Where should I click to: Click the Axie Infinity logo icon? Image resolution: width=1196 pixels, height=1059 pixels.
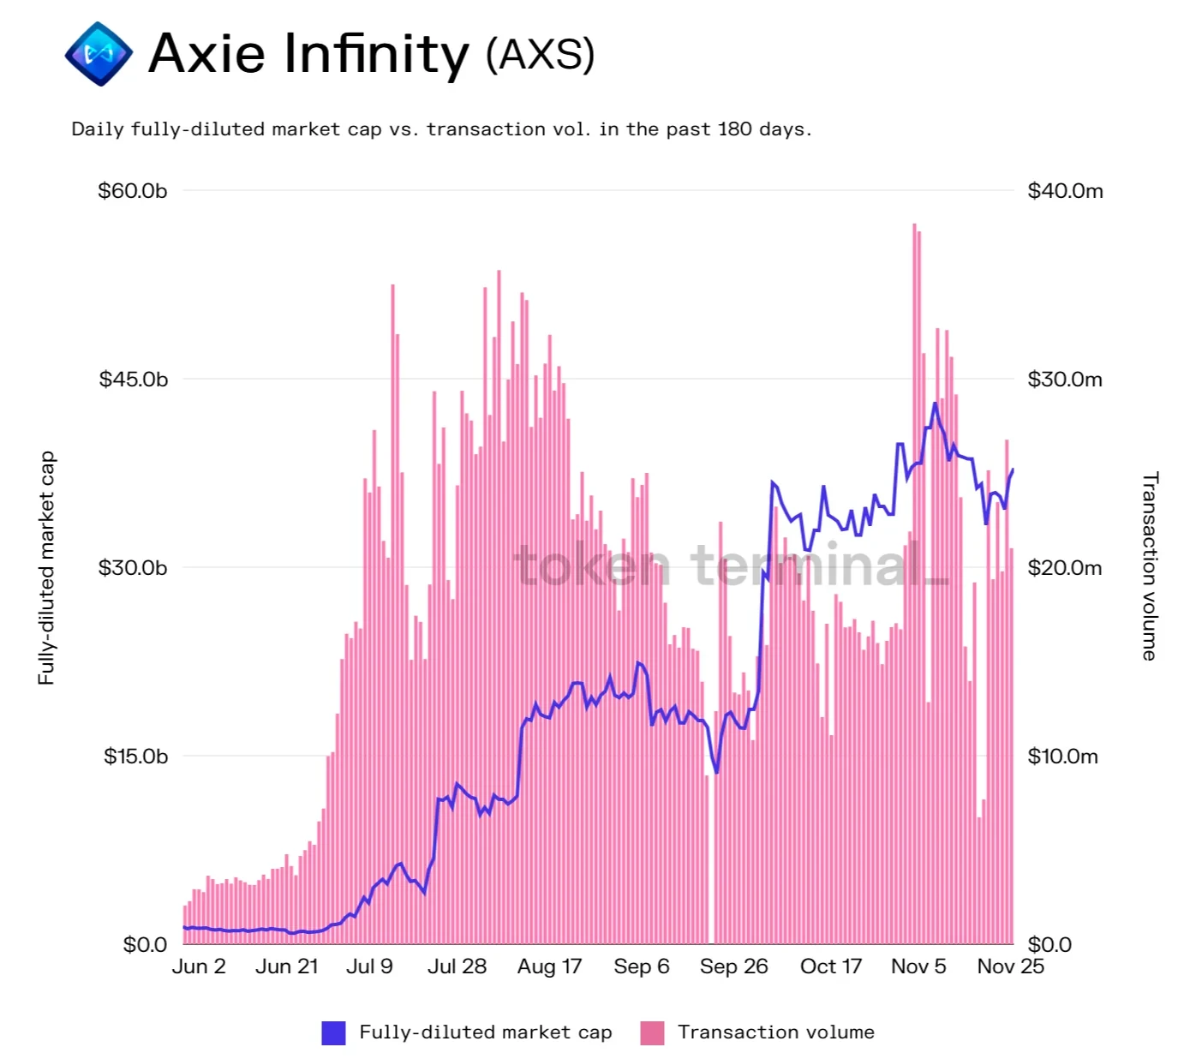(99, 54)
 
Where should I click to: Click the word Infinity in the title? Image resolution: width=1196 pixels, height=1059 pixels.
(377, 54)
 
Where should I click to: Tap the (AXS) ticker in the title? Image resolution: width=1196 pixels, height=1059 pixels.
(540, 55)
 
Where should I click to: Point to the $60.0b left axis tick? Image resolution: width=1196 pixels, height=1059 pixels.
(133, 190)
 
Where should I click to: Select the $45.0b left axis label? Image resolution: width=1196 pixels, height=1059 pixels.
(134, 379)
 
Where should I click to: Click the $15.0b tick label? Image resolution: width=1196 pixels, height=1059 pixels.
(135, 756)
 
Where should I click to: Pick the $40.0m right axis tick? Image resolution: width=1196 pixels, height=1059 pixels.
(1065, 190)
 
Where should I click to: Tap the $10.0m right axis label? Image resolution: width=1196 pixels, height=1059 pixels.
(1062, 756)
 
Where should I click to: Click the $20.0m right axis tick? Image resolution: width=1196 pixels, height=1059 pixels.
(1064, 567)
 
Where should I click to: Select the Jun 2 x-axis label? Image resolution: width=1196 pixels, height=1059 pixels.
(199, 966)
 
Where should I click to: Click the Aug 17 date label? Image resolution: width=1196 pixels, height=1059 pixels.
(549, 966)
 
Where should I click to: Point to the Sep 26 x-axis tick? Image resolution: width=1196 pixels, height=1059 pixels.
(733, 966)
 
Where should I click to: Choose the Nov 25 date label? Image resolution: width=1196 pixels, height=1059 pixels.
(1010, 966)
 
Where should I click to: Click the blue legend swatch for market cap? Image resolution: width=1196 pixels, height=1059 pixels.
(333, 1032)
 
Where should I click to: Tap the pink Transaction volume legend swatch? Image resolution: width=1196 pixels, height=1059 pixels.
(652, 1032)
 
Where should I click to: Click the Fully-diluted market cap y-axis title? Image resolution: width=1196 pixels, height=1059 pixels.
(46, 567)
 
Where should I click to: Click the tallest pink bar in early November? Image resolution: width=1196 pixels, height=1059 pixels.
(915, 583)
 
